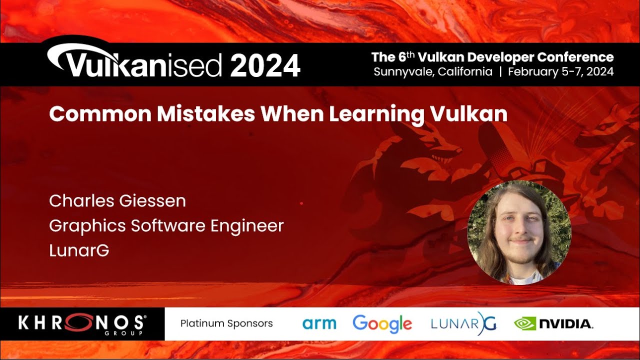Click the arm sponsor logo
click(319, 323)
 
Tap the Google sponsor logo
click(382, 323)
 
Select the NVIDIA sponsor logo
click(553, 323)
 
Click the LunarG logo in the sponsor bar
click(463, 323)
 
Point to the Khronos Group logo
click(82, 324)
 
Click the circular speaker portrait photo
click(519, 232)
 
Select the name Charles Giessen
click(117, 201)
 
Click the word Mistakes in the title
click(206, 114)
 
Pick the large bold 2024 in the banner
click(265, 66)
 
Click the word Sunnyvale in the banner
click(403, 71)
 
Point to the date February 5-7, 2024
click(560, 71)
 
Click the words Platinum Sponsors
click(226, 323)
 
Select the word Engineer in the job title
click(247, 226)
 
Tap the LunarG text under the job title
click(79, 250)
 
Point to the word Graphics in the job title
click(87, 226)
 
